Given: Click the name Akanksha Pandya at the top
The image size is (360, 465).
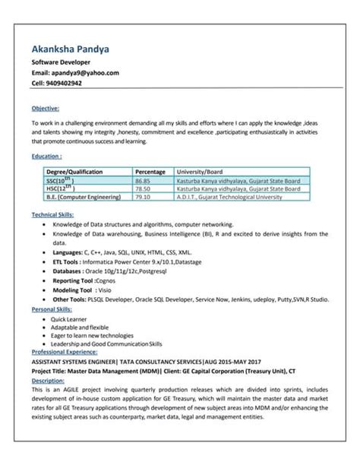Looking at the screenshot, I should (x=69, y=49).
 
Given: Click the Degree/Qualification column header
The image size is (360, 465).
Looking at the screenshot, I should (x=74, y=172).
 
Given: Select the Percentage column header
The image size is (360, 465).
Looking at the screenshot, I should (x=150, y=172).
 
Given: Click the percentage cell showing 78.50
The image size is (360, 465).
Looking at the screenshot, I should (x=142, y=189).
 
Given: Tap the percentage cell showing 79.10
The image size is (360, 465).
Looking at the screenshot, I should (x=142, y=198).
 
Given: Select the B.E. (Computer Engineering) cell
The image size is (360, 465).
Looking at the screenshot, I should (x=83, y=198).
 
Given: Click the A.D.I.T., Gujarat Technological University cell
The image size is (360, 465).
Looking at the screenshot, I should (x=233, y=198).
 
